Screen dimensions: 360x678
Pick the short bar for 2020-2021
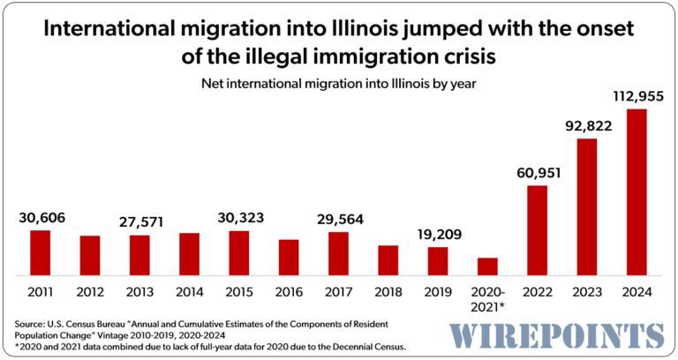tap(487, 266)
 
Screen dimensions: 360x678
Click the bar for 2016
tap(289, 258)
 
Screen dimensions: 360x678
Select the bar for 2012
tap(90, 256)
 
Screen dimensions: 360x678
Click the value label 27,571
tap(139, 221)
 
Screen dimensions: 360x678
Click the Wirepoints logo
tap(557, 336)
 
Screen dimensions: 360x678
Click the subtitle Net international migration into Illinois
tap(339, 85)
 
